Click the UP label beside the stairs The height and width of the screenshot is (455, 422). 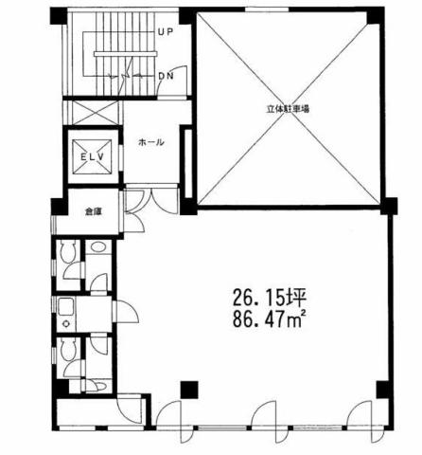coord(166,31)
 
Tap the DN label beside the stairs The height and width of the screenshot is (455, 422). coord(166,76)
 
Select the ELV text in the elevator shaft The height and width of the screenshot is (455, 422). coord(92,156)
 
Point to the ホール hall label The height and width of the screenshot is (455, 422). coord(151,142)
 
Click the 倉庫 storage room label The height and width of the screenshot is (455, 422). coord(91,211)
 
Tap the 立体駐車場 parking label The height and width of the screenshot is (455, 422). coord(288,109)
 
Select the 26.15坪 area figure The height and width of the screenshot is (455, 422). coord(270,298)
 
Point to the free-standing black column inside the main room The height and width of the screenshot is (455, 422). coord(189,390)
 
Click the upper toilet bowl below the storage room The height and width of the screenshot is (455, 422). coord(68,251)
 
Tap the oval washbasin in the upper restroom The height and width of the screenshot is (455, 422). coord(98,246)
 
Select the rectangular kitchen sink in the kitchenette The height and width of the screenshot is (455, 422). coord(66,307)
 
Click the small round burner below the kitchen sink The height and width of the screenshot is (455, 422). coord(66,324)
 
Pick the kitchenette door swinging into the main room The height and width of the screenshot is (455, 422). coord(126,312)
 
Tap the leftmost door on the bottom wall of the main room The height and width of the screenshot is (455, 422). coord(170,422)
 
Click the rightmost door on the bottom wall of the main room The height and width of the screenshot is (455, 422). coord(360,422)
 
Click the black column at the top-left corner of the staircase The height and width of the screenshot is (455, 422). coord(59,16)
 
